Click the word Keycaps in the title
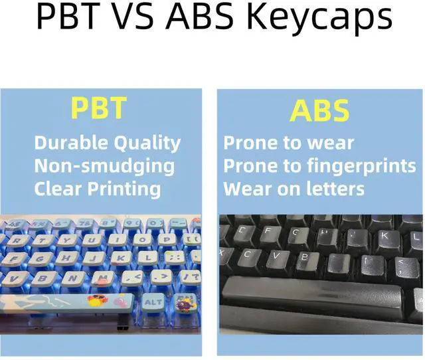[320, 17]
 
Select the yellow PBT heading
[99, 108]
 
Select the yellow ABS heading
[319, 110]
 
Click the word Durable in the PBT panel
[71, 143]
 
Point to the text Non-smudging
[104, 166]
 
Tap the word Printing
[124, 189]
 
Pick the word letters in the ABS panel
[335, 189]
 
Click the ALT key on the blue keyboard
[153, 302]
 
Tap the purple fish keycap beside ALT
[185, 304]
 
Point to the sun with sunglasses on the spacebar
[98, 300]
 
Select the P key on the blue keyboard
[166, 239]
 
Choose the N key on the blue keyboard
[72, 278]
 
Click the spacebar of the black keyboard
[311, 298]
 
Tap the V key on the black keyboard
[277, 256]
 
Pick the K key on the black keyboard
[386, 236]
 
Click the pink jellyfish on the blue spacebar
[120, 302]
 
